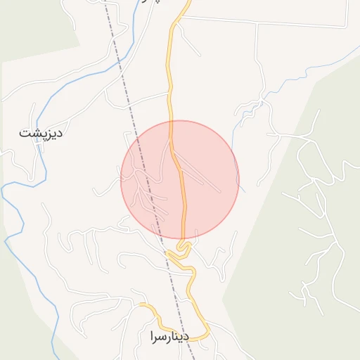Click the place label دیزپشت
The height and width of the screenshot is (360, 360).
(x=41, y=131)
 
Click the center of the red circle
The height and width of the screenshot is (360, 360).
(x=180, y=179)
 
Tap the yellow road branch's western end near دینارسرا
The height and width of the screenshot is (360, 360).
(x=140, y=305)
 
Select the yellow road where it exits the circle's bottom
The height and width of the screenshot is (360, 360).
(x=184, y=238)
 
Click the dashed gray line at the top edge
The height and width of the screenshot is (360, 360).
(x=105, y=3)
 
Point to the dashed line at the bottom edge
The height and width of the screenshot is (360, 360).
(x=193, y=356)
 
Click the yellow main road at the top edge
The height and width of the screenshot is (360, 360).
(x=188, y=3)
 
